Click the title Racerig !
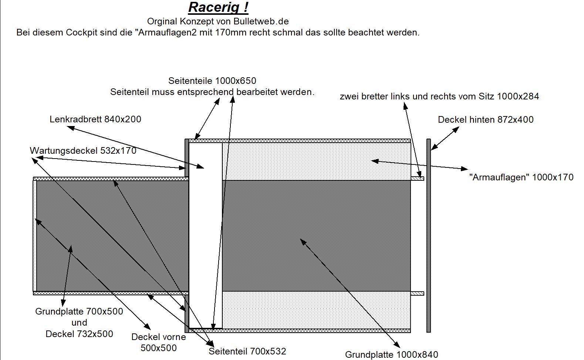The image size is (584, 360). click(x=218, y=7)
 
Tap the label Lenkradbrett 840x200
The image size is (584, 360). click(x=95, y=119)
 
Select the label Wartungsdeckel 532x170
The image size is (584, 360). click(x=83, y=151)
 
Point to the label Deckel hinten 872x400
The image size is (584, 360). click(x=486, y=120)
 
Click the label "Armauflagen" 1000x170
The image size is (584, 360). click(x=521, y=177)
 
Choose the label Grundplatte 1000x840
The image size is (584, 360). click(x=391, y=355)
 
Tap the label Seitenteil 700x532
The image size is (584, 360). click(x=247, y=351)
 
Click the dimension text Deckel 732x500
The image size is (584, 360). click(x=79, y=334)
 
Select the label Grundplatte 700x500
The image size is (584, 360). click(x=79, y=312)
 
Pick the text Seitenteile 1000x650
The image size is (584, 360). click(x=212, y=81)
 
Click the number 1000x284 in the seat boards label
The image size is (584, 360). click(x=518, y=97)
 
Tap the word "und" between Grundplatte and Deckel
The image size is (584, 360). click(x=79, y=323)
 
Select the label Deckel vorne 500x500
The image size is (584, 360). click(x=159, y=343)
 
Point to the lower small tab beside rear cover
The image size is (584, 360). click(x=417, y=293)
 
